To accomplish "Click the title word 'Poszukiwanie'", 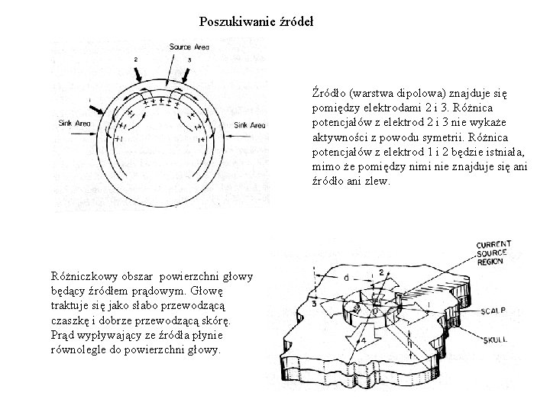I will (231, 21).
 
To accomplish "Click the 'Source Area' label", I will (189, 48).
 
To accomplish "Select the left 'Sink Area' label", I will (74, 123).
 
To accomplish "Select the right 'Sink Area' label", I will (250, 124).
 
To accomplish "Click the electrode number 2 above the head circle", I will (135, 59).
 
